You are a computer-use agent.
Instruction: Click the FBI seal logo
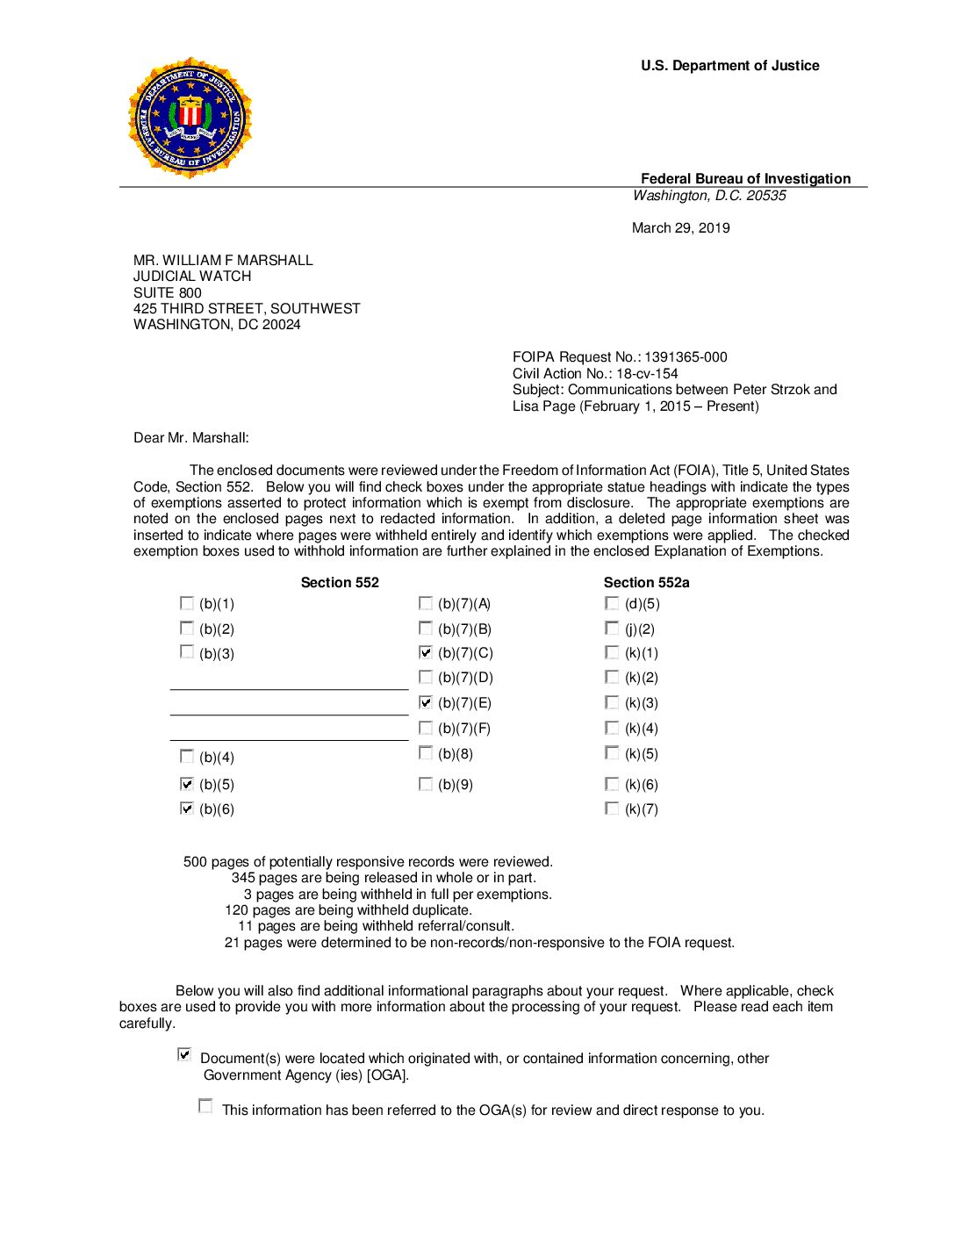point(190,118)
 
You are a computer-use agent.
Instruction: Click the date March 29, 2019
point(680,228)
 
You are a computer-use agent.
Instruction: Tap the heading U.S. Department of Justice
point(729,66)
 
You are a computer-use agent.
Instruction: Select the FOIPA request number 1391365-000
point(686,357)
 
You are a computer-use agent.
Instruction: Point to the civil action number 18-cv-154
point(647,374)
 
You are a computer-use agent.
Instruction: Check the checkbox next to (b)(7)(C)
point(426,652)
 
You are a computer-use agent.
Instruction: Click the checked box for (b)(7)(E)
point(426,702)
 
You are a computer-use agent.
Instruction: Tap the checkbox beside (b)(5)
point(187,784)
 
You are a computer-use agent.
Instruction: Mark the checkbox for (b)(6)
point(187,808)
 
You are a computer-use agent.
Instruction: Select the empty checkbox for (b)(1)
point(187,603)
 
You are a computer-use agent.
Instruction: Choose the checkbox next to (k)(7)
point(612,808)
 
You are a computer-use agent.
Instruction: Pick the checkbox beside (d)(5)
point(612,603)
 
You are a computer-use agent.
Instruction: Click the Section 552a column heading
point(646,583)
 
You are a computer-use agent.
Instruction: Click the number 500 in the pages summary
point(195,862)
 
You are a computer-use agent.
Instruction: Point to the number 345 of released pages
point(243,878)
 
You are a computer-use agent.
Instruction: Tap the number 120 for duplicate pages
point(236,910)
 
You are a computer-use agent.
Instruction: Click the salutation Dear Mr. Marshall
point(191,438)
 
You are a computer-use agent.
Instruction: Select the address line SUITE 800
point(168,293)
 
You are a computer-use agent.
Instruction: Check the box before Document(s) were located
point(184,1054)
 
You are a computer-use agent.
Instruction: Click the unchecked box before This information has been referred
point(205,1106)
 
